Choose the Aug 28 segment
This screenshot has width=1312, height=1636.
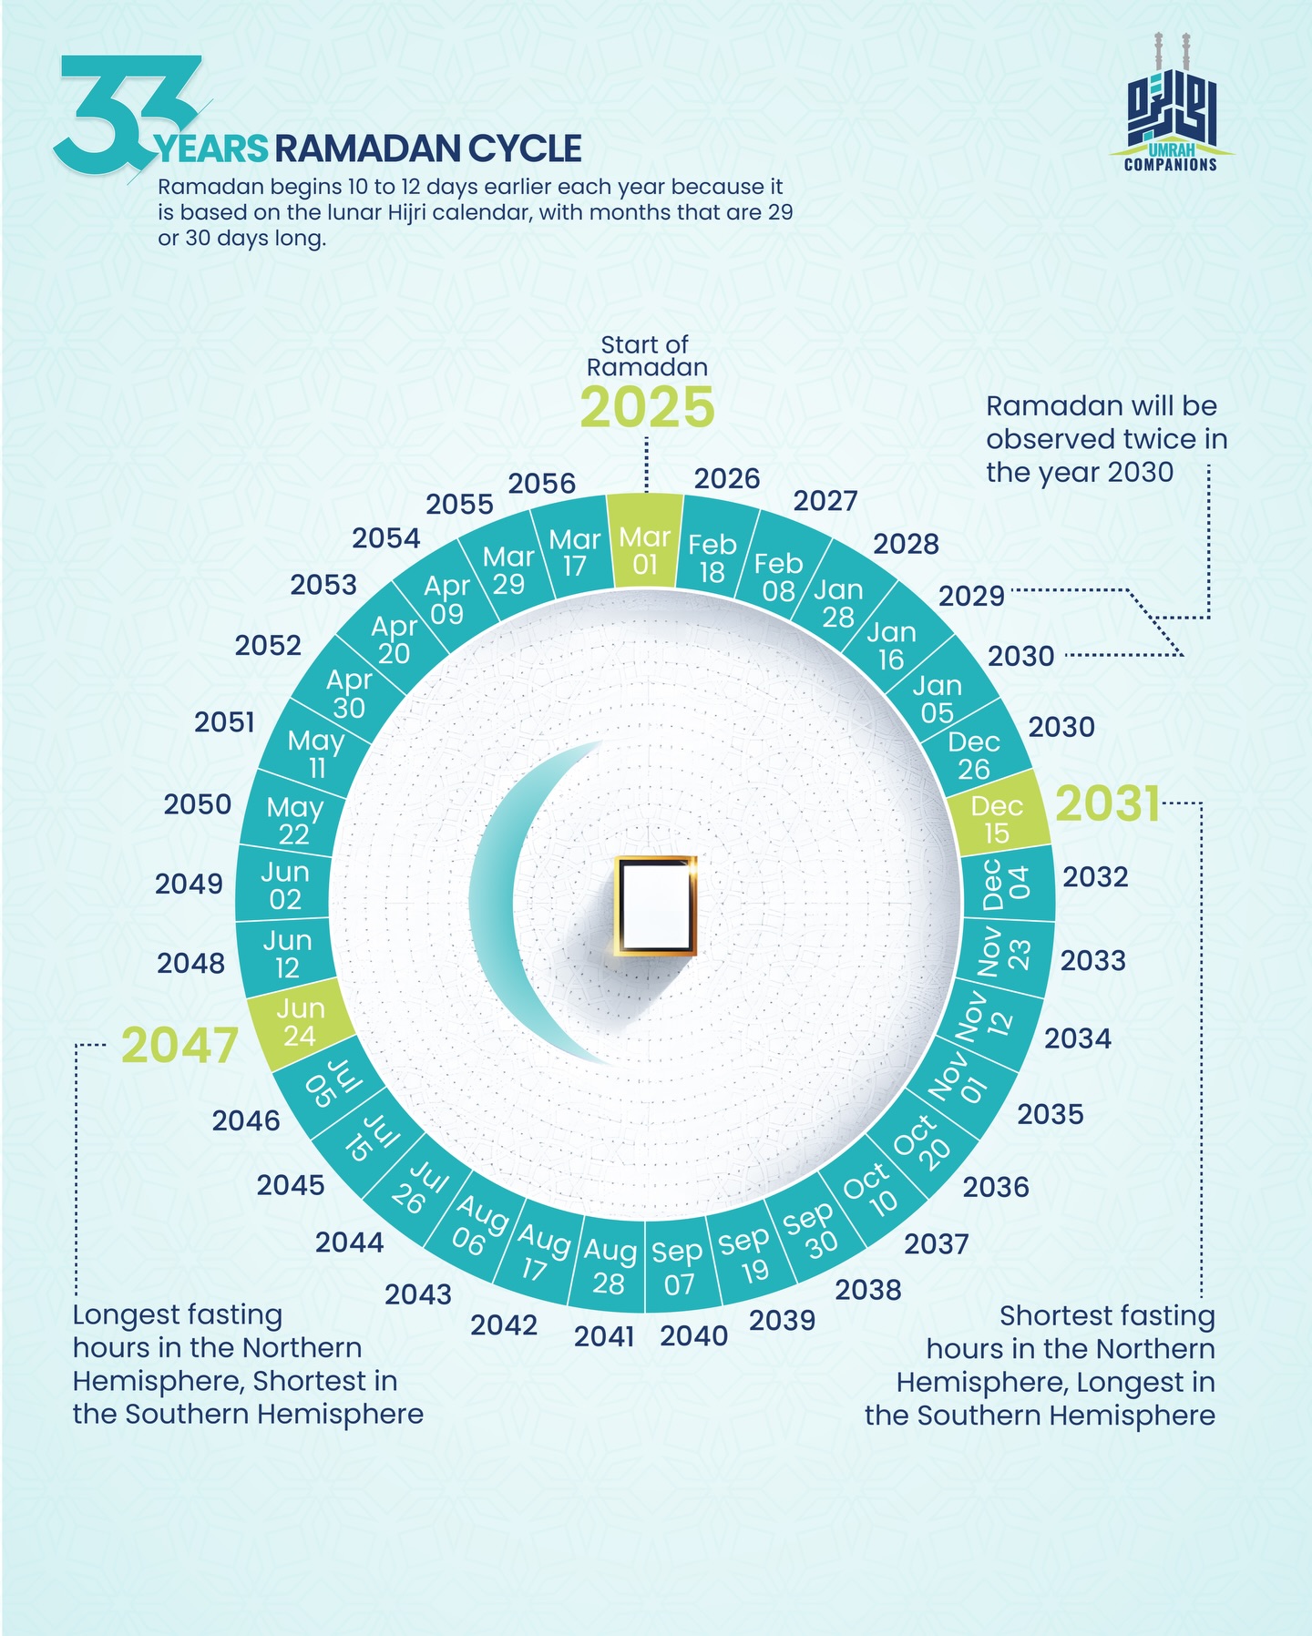[x=609, y=1263]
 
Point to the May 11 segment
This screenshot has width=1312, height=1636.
[x=315, y=753]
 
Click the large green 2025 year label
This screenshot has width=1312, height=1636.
[x=648, y=407]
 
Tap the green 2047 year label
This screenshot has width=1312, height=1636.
[x=179, y=1045]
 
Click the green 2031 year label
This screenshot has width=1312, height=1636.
[x=1108, y=804]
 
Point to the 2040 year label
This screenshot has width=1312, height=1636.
[x=694, y=1336]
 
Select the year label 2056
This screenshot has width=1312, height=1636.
[x=542, y=483]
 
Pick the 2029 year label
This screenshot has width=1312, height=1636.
[x=971, y=596]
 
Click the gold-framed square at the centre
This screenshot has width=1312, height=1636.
[x=655, y=905]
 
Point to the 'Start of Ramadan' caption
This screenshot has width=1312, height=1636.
[x=647, y=356]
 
